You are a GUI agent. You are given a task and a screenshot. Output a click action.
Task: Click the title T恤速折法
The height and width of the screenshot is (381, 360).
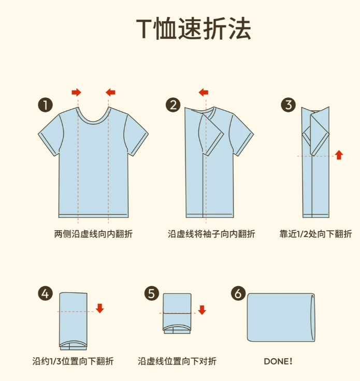click(194, 28)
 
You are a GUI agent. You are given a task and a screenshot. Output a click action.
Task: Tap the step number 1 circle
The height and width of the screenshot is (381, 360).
click(45, 105)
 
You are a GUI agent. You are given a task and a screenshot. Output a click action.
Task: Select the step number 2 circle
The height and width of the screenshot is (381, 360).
click(173, 105)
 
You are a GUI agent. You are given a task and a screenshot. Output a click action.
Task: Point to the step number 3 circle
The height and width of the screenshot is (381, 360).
click(289, 105)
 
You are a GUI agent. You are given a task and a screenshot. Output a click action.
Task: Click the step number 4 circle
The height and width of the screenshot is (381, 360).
click(45, 294)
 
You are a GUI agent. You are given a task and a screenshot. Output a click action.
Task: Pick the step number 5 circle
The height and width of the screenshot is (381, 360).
click(151, 294)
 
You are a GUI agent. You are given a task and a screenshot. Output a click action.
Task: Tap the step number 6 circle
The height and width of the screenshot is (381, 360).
click(238, 294)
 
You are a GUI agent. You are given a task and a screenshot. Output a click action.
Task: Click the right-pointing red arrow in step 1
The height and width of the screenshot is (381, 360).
click(77, 92)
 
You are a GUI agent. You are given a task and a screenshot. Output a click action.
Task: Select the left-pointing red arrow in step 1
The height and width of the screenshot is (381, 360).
click(110, 92)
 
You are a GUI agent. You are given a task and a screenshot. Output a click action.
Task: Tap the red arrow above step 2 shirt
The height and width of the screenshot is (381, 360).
click(204, 92)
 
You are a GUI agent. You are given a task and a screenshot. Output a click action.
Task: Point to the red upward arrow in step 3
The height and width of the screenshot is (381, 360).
click(339, 155)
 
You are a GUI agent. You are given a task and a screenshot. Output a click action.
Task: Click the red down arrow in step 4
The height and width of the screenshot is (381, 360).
click(99, 308)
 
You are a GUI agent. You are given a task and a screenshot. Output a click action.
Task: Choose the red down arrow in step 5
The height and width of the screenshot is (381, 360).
click(202, 310)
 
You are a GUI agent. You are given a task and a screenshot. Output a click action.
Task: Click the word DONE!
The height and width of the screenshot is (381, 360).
click(278, 361)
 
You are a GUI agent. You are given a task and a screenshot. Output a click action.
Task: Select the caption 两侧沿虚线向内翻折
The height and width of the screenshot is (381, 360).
click(93, 234)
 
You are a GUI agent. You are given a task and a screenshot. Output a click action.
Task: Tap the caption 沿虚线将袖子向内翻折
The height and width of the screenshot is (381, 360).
click(211, 234)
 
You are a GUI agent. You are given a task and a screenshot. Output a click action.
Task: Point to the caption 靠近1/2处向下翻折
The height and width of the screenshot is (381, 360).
click(315, 234)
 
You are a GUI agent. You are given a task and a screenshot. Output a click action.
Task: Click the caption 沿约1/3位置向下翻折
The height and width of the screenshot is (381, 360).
click(73, 361)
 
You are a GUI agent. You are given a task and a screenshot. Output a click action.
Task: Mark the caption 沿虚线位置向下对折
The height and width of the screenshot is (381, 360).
click(177, 361)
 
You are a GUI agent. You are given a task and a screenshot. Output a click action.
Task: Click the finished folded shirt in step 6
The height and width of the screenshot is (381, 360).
click(281, 317)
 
